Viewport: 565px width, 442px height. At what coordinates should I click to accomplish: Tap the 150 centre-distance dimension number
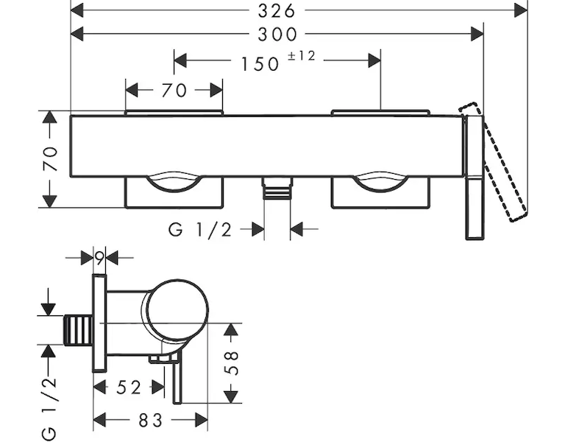click(x=260, y=63)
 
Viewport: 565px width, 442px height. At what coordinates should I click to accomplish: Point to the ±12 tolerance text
click(x=301, y=56)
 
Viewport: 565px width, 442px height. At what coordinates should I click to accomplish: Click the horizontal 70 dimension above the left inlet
click(x=174, y=90)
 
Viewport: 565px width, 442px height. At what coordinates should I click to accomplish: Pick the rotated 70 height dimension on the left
click(x=49, y=158)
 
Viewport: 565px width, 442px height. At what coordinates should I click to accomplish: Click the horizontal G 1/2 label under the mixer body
click(x=199, y=230)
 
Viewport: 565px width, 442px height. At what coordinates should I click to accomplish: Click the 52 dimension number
click(x=129, y=387)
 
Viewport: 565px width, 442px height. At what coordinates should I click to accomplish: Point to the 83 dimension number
click(x=149, y=420)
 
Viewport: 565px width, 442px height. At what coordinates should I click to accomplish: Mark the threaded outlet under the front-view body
click(x=277, y=189)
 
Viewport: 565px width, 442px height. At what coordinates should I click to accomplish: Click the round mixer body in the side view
click(x=177, y=310)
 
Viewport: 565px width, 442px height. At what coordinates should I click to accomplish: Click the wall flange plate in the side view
click(x=99, y=323)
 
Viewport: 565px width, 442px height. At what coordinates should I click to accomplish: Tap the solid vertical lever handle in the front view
click(x=473, y=177)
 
